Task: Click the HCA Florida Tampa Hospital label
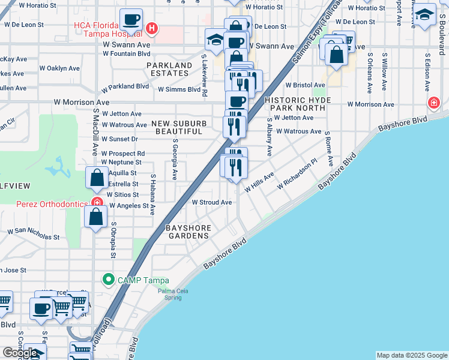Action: click(x=108, y=29)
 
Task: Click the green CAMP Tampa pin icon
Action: click(x=108, y=280)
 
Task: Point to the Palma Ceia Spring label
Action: click(x=169, y=294)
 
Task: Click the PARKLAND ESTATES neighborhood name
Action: click(x=169, y=69)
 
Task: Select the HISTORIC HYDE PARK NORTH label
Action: click(x=295, y=104)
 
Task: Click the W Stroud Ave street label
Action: click(x=211, y=203)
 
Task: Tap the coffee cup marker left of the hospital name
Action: click(x=131, y=20)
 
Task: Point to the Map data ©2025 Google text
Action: click(x=411, y=355)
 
